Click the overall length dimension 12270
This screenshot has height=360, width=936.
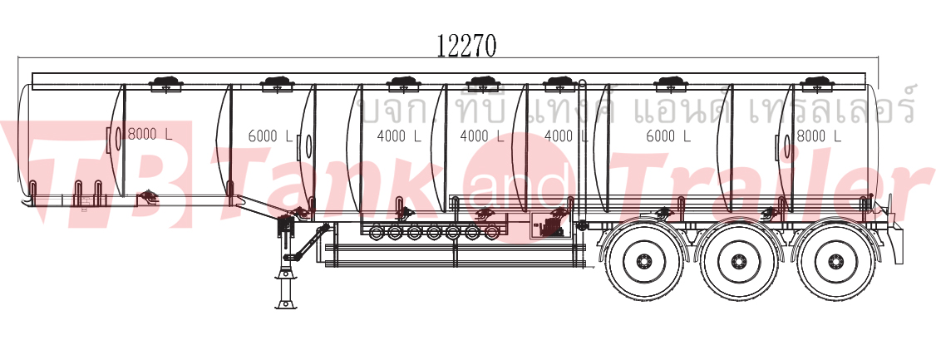(466, 46)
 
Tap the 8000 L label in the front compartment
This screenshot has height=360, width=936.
(150, 135)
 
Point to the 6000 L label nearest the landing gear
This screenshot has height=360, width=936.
(270, 136)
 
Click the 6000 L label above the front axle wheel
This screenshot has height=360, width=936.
(668, 136)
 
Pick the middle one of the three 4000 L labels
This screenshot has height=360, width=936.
(482, 136)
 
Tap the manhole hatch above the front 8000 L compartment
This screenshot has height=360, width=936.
(164, 84)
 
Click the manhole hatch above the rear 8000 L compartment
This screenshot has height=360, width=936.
(816, 84)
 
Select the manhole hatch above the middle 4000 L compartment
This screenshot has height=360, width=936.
(482, 84)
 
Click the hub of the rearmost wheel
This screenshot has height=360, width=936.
(835, 262)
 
